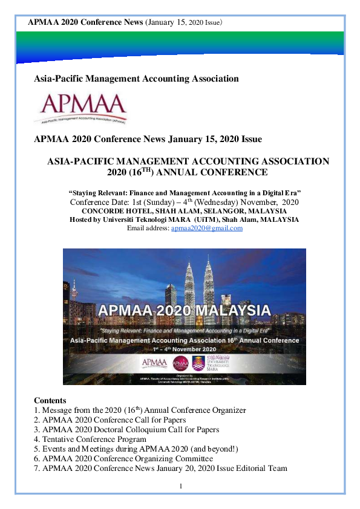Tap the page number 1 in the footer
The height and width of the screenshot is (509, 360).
180,487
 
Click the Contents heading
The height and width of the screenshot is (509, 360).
50,401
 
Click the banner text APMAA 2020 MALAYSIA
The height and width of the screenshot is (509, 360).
184,311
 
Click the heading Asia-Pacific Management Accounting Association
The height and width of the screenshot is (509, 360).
136,79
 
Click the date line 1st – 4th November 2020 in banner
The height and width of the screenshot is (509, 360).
184,349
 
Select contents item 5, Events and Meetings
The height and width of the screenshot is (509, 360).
136,449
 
